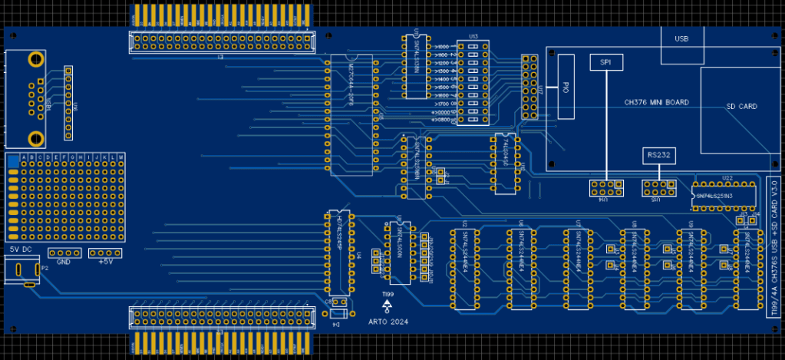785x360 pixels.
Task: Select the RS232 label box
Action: pyautogui.click(x=658, y=155)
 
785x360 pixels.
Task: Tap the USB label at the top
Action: pyautogui.click(x=681, y=38)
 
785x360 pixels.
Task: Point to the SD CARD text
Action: pyautogui.click(x=741, y=107)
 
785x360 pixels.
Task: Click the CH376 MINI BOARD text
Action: pyautogui.click(x=656, y=102)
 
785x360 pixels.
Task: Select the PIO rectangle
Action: pyautogui.click(x=566, y=87)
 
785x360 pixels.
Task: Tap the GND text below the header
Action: pyautogui.click(x=64, y=262)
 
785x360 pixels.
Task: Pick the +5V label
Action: pyautogui.click(x=105, y=262)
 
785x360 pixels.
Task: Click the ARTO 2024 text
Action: pyautogui.click(x=388, y=322)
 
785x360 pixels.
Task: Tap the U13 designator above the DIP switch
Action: pyautogui.click(x=473, y=36)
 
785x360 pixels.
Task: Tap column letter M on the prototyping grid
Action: pyautogui.click(x=119, y=158)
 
